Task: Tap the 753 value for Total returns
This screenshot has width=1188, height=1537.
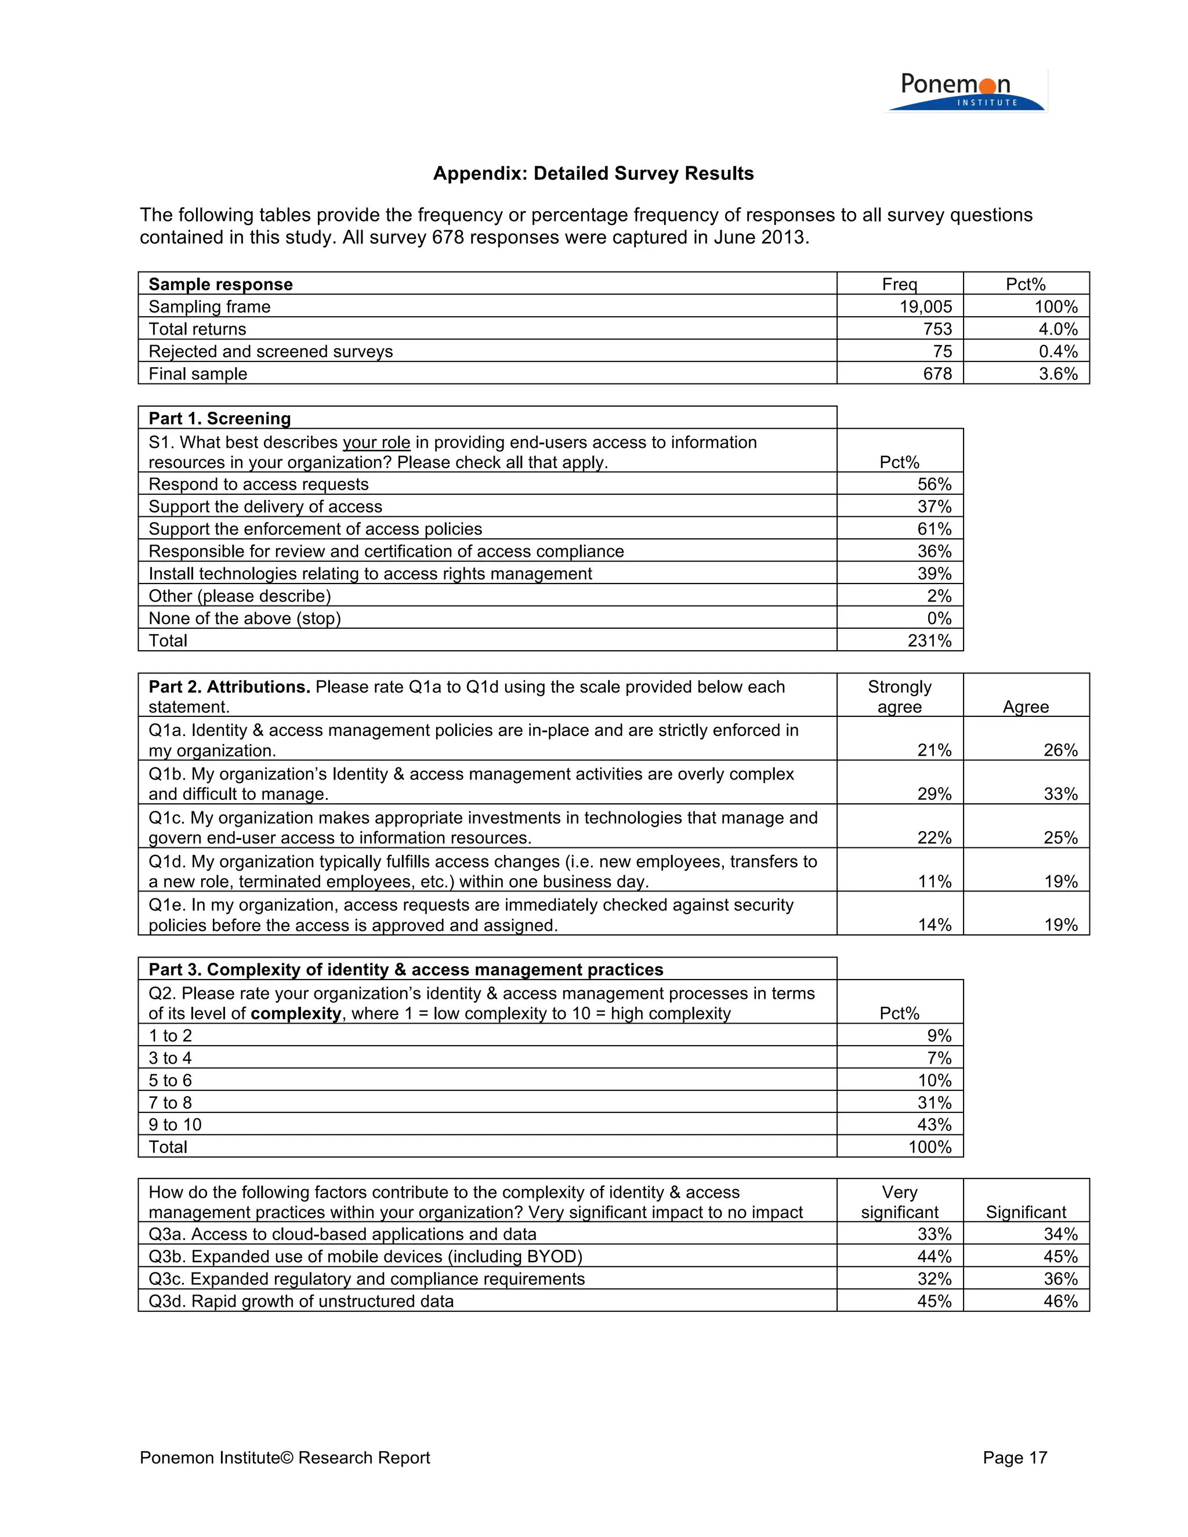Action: [x=937, y=329]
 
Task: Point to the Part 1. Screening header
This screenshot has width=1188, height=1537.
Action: [x=220, y=418]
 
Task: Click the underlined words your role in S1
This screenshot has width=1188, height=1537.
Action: [x=376, y=442]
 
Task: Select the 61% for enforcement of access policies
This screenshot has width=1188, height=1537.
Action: [x=934, y=528]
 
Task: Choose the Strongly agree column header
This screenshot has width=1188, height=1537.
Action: [x=900, y=696]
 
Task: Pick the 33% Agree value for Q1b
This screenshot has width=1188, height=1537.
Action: [x=1060, y=794]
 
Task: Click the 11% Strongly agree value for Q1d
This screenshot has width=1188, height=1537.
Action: [x=934, y=881]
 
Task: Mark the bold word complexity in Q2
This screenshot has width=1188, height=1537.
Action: [x=296, y=1013]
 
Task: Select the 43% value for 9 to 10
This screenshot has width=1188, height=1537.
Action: [x=934, y=1124]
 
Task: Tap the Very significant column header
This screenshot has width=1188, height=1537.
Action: [x=900, y=1201]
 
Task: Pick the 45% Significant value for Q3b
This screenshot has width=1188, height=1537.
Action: [x=1060, y=1256]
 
